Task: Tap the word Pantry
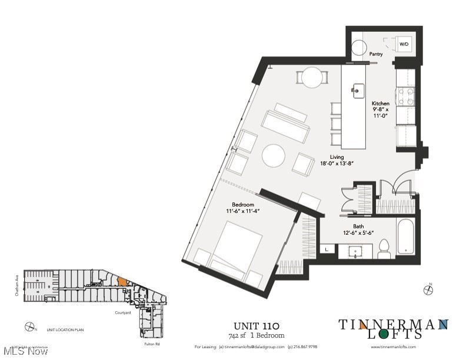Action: (376, 54)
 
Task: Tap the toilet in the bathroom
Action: (384, 249)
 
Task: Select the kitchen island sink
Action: (358, 90)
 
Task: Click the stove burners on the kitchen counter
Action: (406, 96)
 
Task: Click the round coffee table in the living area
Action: (273, 156)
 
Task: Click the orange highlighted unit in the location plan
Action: (122, 282)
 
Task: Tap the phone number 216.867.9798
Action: (304, 347)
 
